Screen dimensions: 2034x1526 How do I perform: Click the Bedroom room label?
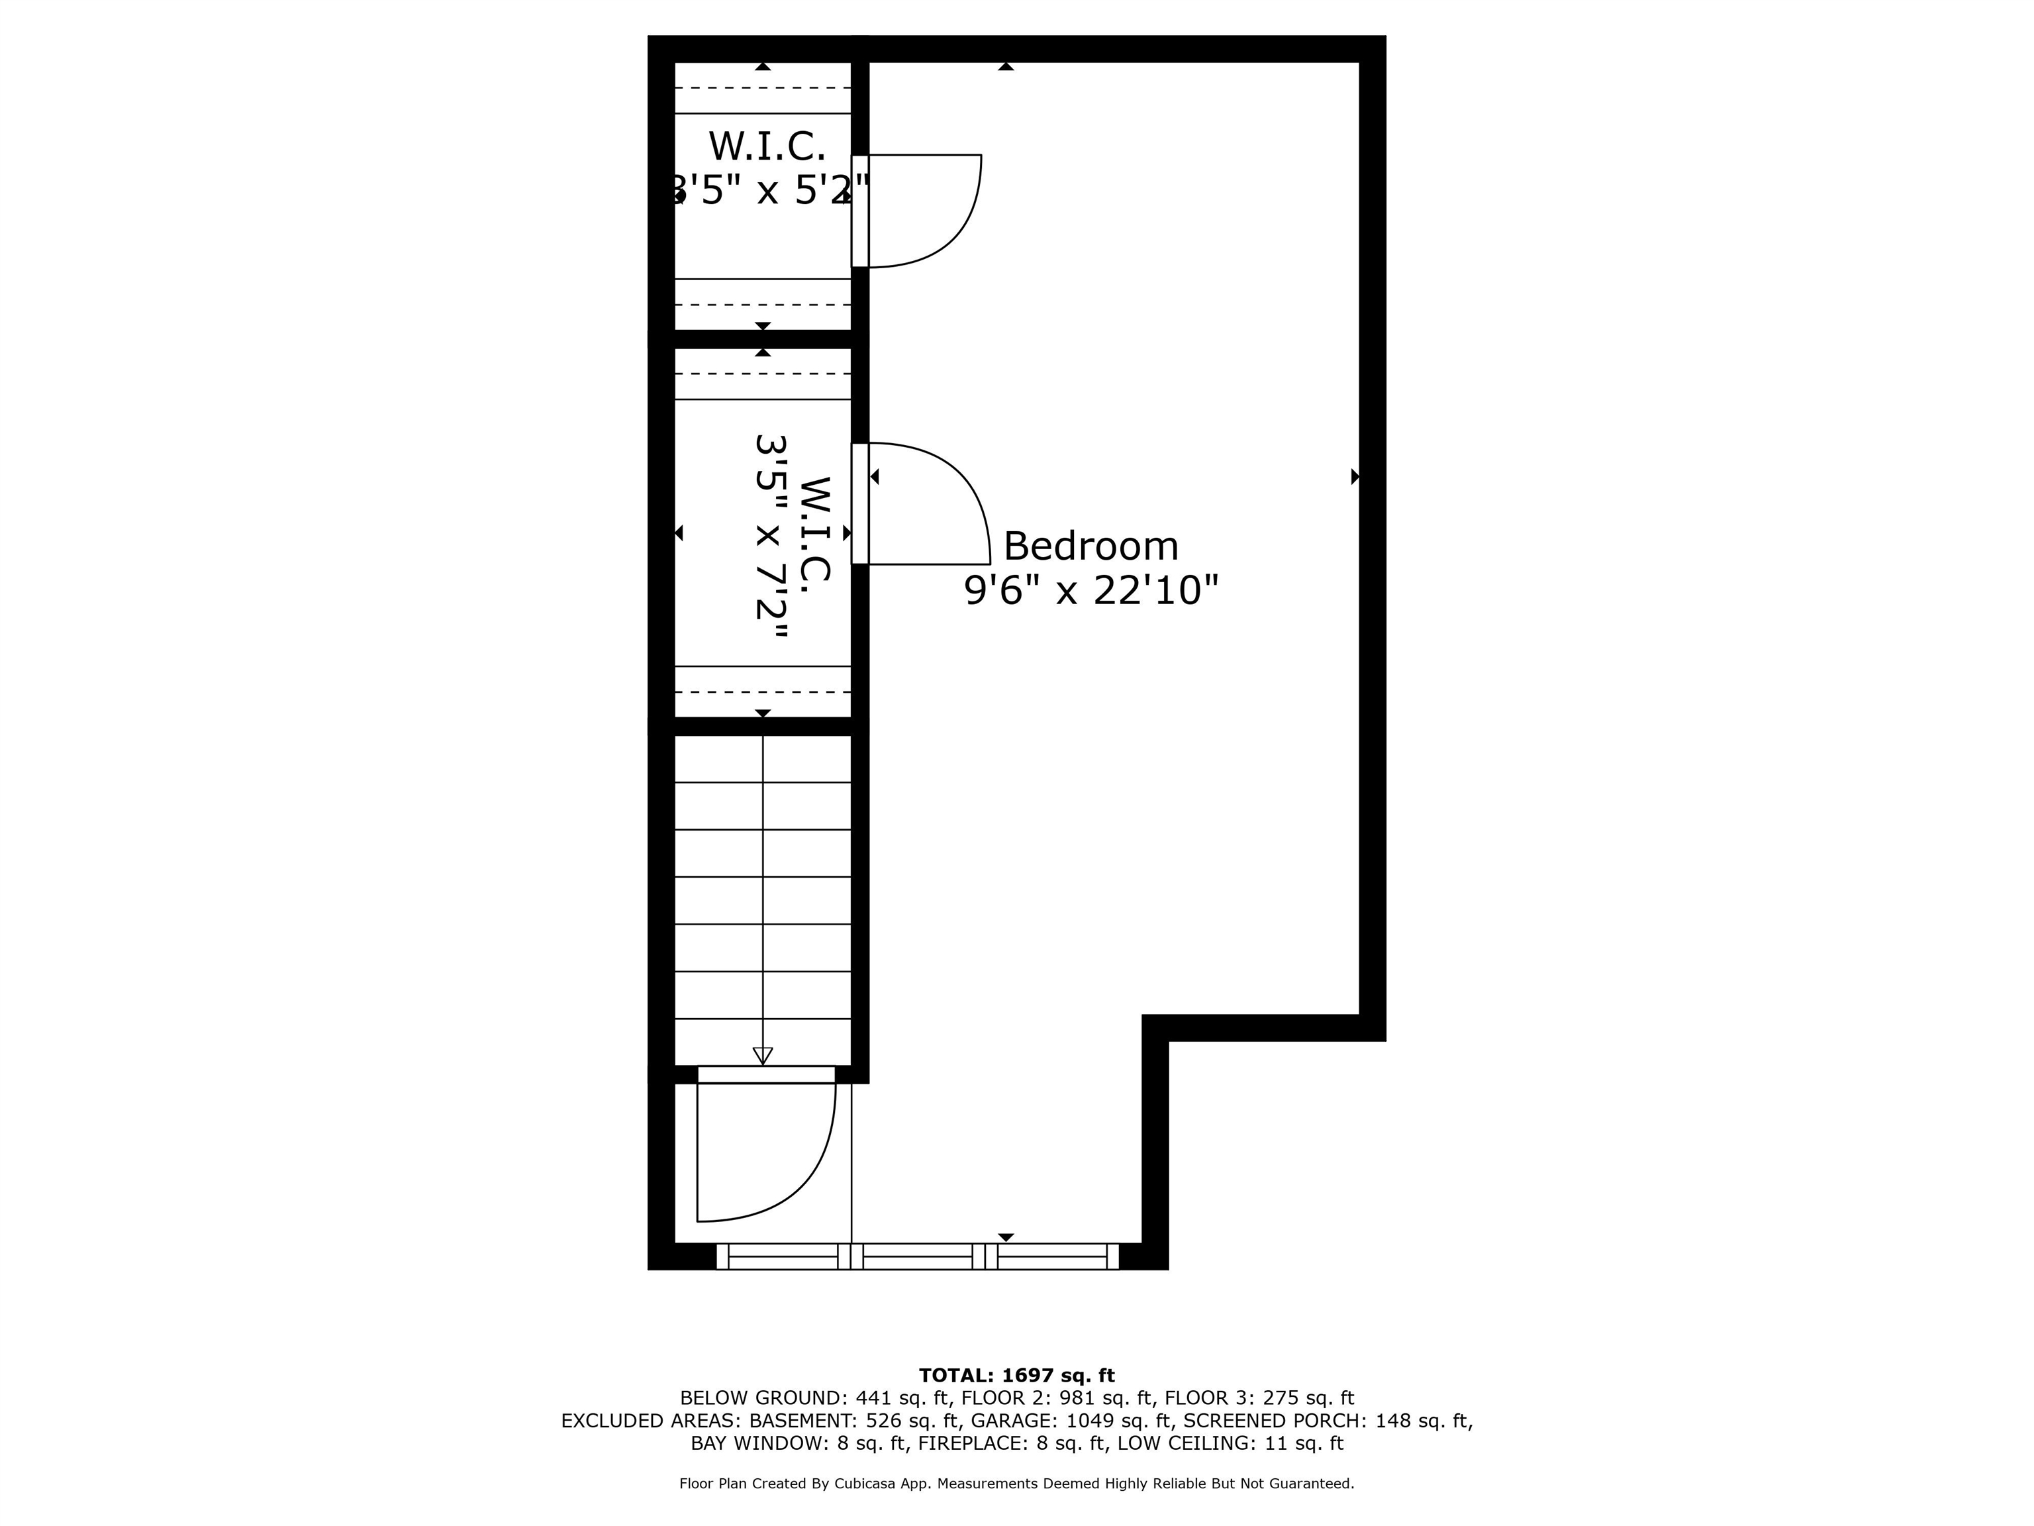pyautogui.click(x=1090, y=546)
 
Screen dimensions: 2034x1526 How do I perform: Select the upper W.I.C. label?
pyautogui.click(x=767, y=146)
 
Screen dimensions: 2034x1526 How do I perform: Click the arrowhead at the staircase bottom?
pyautogui.click(x=762, y=1056)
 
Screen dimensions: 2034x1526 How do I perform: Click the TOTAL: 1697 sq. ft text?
pyautogui.click(x=1017, y=1375)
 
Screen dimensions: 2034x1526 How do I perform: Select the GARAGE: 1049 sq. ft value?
pyautogui.click(x=1072, y=1421)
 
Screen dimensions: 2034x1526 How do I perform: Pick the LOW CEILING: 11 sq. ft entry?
pyautogui.click(x=1230, y=1443)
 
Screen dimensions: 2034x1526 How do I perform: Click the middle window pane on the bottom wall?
pyautogui.click(x=918, y=1256)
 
